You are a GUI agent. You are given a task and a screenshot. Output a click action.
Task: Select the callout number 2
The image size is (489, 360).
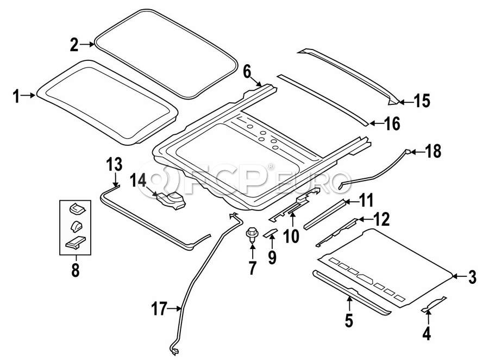(74, 45)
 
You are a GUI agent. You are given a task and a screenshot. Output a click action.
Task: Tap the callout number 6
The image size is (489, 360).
(247, 71)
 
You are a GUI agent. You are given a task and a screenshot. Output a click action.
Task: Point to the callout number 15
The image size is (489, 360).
(421, 101)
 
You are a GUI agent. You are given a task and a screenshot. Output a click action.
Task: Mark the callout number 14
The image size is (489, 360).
(138, 180)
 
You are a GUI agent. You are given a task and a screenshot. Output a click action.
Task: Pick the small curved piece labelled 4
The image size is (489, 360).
(434, 304)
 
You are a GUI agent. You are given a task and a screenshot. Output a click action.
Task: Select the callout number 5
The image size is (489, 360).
(348, 320)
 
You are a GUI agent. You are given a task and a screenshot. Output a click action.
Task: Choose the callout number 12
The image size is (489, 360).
(381, 220)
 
